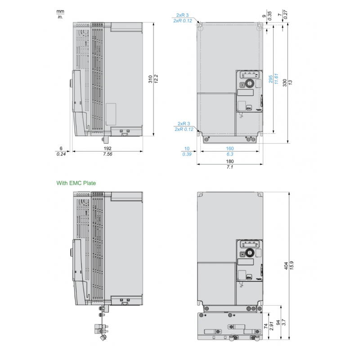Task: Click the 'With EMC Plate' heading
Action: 76,183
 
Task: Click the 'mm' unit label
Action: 60,11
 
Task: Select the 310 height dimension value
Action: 150,79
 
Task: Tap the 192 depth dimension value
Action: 107,148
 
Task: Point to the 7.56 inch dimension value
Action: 107,154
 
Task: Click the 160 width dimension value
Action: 229,148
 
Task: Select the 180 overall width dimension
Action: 229,161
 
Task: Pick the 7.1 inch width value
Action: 229,167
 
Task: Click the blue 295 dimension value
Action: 270,79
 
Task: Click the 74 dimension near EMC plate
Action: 265,326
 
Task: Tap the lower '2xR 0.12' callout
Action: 184,129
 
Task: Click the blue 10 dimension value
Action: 187,148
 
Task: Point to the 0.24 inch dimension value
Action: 61,154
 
